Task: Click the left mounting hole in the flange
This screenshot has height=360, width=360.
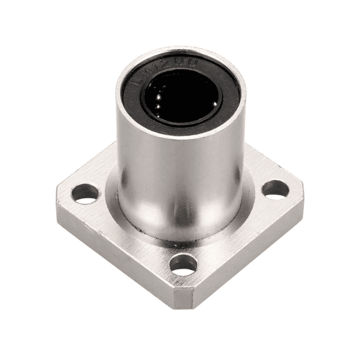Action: [85, 193]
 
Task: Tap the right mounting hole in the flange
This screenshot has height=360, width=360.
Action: [275, 189]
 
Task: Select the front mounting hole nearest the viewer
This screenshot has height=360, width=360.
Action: [183, 264]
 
